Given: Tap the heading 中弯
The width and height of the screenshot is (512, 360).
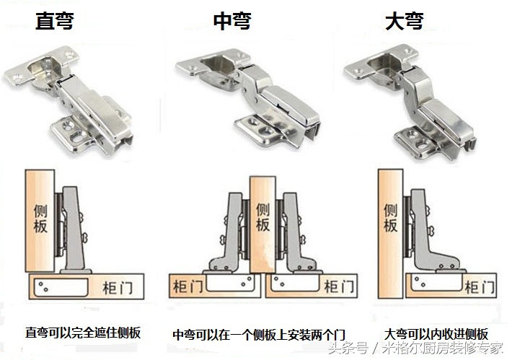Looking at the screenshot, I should click(x=232, y=20).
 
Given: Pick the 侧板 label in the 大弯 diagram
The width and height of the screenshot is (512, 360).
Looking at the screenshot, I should click(x=390, y=217).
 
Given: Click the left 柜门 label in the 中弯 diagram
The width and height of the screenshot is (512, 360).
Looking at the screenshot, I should click(x=187, y=287).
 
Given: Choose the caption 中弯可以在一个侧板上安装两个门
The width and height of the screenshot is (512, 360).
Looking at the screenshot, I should click(x=260, y=335).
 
